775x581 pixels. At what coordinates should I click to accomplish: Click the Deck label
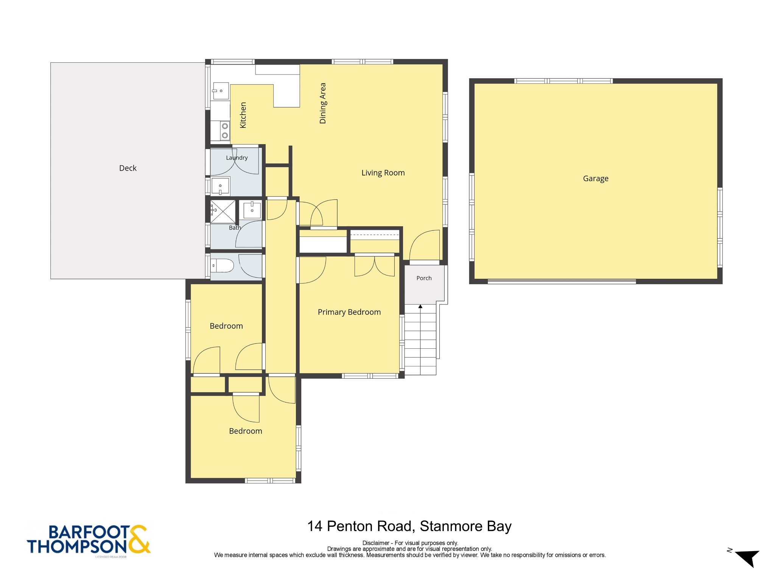point(128,168)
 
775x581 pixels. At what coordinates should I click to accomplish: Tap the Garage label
point(596,179)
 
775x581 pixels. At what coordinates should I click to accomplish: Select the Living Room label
point(383,173)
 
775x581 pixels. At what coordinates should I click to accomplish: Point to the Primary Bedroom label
point(349,312)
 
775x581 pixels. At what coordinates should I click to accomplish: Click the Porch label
point(424,278)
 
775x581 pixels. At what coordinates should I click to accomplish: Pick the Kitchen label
point(243,115)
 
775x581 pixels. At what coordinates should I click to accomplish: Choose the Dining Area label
point(322,103)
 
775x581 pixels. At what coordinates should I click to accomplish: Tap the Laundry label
point(237,158)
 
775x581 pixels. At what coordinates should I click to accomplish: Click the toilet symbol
point(222,266)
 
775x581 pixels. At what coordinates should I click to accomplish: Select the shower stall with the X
point(223,211)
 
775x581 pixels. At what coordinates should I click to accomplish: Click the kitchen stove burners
point(225,130)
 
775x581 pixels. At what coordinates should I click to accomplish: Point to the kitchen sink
point(221,91)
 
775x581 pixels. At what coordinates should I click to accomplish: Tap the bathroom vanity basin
point(252,210)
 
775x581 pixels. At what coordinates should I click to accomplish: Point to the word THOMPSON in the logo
point(77,547)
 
